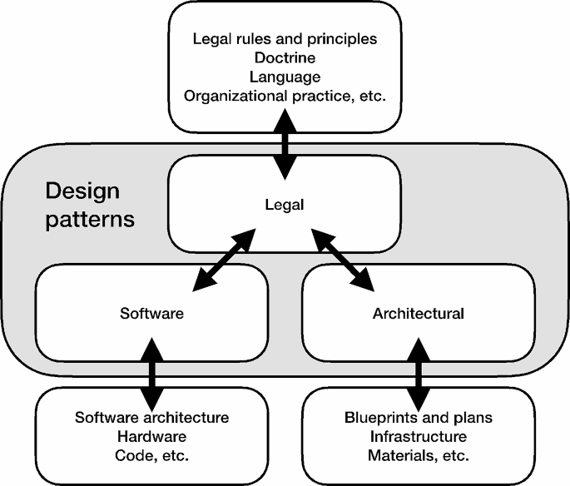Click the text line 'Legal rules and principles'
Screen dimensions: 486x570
tap(285, 38)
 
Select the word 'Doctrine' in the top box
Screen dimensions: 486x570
tap(285, 57)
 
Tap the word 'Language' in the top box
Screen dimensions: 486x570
tap(285, 77)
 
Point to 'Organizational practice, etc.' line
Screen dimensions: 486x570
tap(285, 96)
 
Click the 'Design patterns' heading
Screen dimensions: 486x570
tap(82, 206)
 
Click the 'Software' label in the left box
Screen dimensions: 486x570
tap(151, 315)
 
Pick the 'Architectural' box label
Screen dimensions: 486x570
tap(418, 315)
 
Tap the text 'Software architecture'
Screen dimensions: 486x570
tap(151, 417)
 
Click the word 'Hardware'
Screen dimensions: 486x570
tap(151, 436)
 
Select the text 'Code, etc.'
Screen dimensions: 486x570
tap(151, 455)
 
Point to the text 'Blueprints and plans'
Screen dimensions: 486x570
tap(418, 417)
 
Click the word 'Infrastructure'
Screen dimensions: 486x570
tap(418, 436)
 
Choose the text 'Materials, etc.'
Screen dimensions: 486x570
tap(418, 455)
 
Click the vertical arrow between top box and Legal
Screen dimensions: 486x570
tap(285, 146)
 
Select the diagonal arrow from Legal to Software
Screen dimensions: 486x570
tap(223, 261)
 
